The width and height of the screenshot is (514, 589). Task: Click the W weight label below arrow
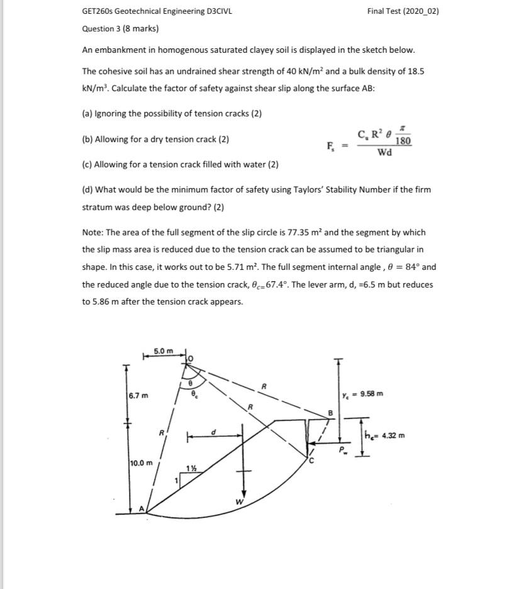(x=237, y=502)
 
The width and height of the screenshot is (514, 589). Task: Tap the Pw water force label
(x=343, y=451)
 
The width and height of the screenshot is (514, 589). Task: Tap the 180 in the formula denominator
(x=404, y=142)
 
